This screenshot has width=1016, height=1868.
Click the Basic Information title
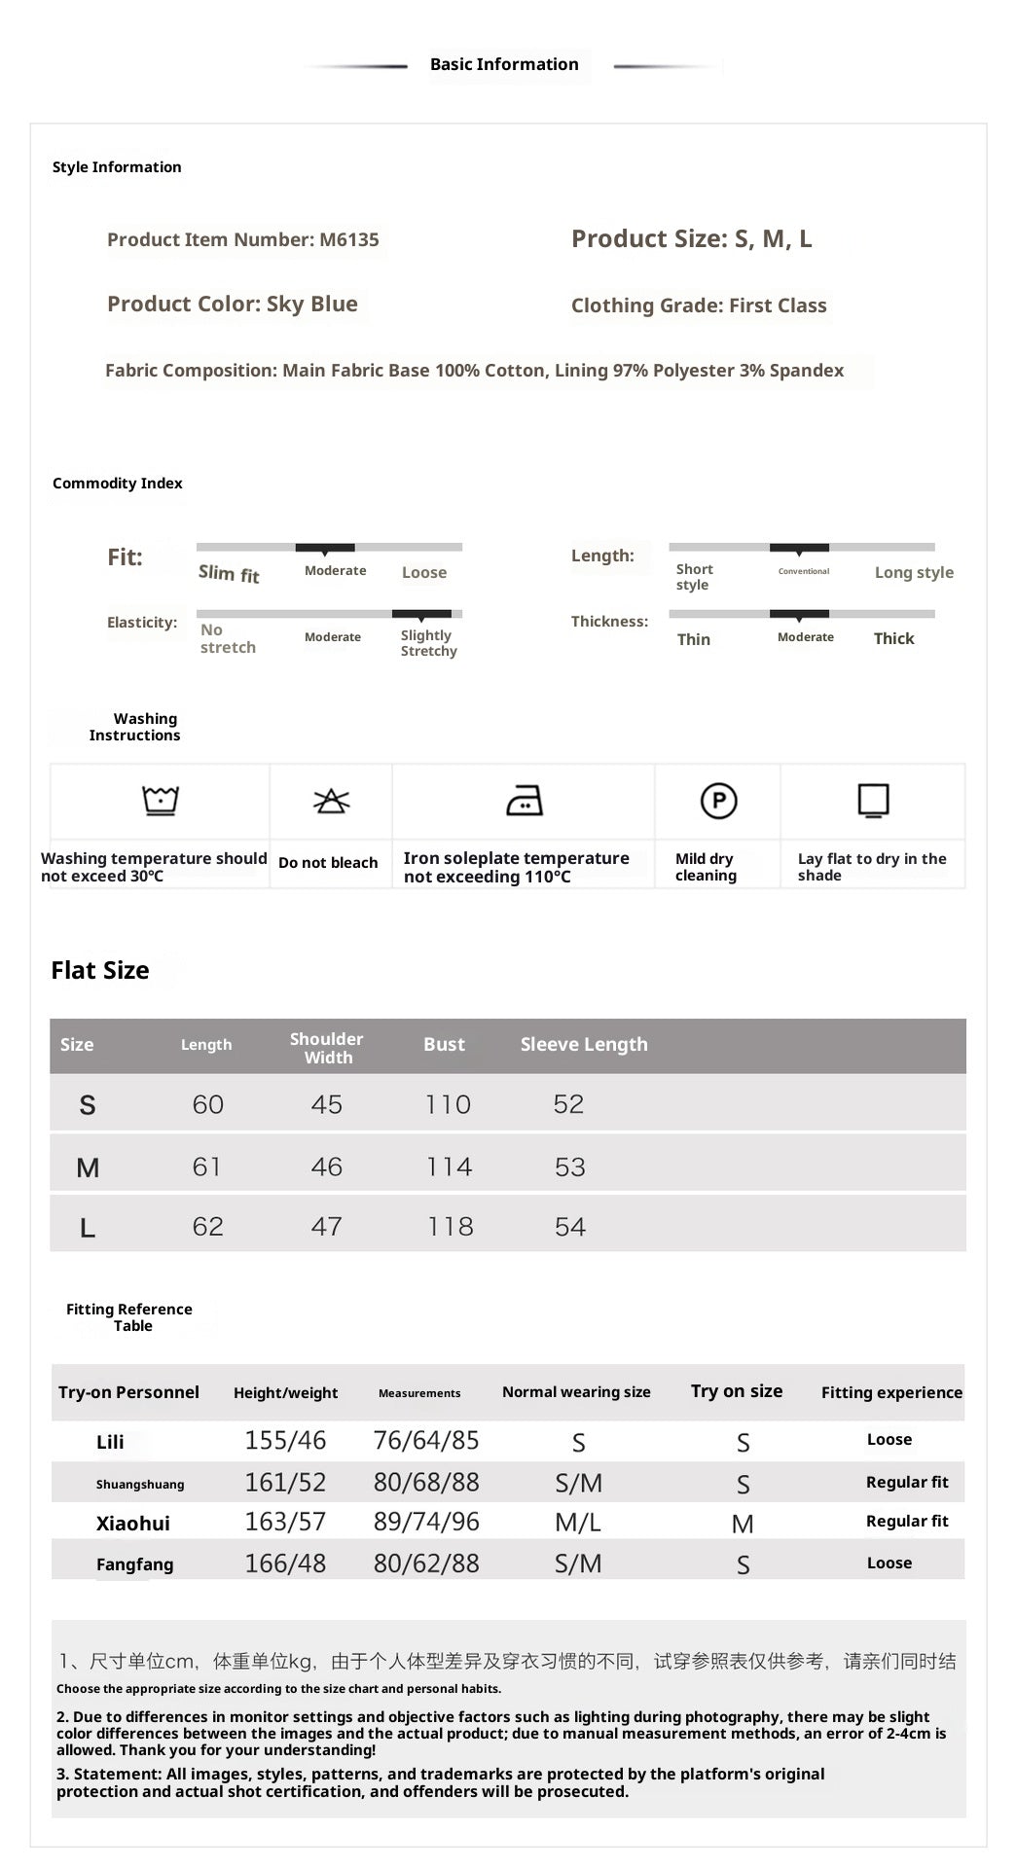click(504, 64)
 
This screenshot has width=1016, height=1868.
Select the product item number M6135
click(242, 239)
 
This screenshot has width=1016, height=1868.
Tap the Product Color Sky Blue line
click(232, 304)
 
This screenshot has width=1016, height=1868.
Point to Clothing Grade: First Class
click(698, 305)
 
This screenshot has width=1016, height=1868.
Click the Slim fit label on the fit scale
click(229, 574)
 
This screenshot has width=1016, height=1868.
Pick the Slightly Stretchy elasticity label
click(428, 643)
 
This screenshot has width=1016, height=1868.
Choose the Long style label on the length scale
click(913, 572)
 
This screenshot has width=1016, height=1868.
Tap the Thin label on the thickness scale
click(693, 639)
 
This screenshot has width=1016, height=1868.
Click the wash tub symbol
click(161, 801)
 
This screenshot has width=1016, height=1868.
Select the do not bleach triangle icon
click(331, 801)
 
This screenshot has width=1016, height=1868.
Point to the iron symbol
click(525, 801)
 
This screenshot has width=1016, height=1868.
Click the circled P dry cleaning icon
click(718, 801)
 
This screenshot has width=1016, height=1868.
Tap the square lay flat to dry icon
click(873, 801)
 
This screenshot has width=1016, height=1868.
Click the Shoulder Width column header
click(327, 1048)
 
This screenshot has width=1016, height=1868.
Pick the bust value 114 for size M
click(449, 1167)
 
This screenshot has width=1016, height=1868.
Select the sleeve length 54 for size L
click(570, 1227)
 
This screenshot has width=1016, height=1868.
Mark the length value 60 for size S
click(208, 1104)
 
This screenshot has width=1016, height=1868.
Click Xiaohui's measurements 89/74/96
click(426, 1522)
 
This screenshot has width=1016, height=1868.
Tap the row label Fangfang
click(134, 1564)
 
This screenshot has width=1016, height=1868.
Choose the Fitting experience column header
click(890, 1392)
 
